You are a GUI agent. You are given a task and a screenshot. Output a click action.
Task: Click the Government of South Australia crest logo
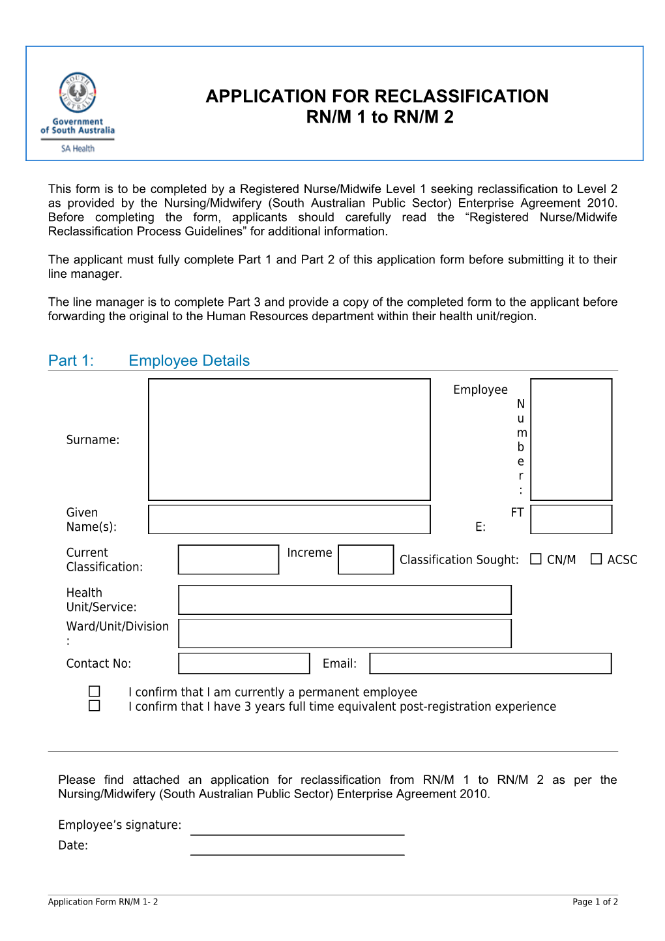pyautogui.click(x=78, y=93)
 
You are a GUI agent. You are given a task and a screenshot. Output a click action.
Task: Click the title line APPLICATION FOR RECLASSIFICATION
pyautogui.click(x=377, y=97)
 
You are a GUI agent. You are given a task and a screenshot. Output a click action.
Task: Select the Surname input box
pyautogui.click(x=289, y=440)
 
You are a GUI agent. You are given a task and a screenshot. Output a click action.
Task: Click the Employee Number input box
pyautogui.click(x=571, y=440)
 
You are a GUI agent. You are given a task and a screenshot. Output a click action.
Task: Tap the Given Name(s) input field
pyautogui.click(x=289, y=520)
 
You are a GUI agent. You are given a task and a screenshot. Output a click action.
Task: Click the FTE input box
pyautogui.click(x=571, y=520)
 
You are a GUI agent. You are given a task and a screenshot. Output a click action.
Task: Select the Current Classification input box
pyautogui.click(x=228, y=560)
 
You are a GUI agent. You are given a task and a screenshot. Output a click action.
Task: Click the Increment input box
pyautogui.click(x=366, y=560)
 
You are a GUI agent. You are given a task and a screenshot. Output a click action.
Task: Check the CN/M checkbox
pyautogui.click(x=536, y=559)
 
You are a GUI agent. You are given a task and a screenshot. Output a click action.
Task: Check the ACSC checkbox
pyautogui.click(x=596, y=559)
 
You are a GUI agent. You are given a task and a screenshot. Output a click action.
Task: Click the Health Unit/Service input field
pyautogui.click(x=344, y=600)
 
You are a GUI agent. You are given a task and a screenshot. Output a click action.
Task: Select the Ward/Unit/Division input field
pyautogui.click(x=344, y=633)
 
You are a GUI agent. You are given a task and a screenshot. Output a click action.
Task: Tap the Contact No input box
pyautogui.click(x=244, y=663)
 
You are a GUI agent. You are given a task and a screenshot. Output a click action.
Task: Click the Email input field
pyautogui.click(x=490, y=663)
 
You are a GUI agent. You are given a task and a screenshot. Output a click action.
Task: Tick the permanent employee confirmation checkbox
pyautogui.click(x=95, y=691)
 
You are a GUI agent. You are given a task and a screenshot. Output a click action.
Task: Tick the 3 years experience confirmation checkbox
pyautogui.click(x=95, y=706)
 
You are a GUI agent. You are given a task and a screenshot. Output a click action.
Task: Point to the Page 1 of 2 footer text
pyautogui.click(x=595, y=902)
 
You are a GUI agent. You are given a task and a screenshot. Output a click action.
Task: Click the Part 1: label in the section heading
pyautogui.click(x=71, y=361)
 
